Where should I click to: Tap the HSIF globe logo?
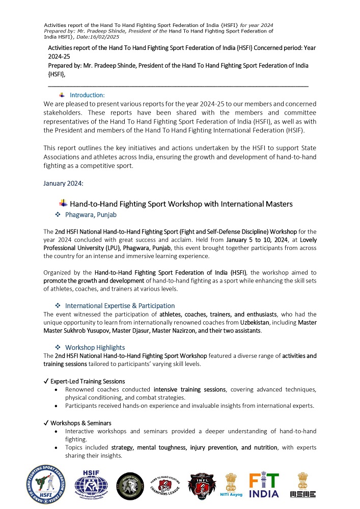[x=91, y=484]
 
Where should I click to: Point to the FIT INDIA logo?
[x=263, y=485]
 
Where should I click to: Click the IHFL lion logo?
[x=202, y=485]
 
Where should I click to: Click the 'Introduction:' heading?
[x=87, y=95]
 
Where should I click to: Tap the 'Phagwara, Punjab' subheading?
[x=91, y=215]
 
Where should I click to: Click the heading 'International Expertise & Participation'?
[x=120, y=306]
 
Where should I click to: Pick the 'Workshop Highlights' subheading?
[x=96, y=347]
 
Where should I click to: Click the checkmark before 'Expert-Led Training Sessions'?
[x=46, y=381]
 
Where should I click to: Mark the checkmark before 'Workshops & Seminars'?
[x=46, y=423]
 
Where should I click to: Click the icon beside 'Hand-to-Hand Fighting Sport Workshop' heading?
[x=64, y=203]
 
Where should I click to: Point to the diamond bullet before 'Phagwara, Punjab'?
[x=58, y=215]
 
